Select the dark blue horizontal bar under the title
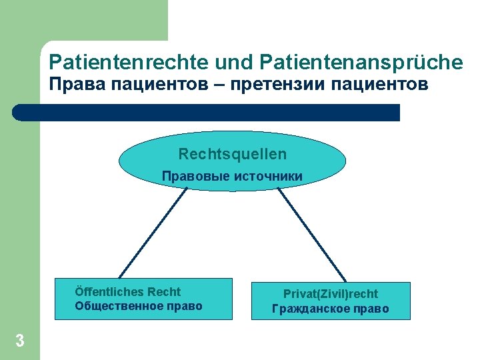(207, 112)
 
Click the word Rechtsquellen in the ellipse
(232, 154)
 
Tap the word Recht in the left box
(164, 292)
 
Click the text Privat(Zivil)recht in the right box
(331, 294)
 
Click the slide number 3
(20, 341)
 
